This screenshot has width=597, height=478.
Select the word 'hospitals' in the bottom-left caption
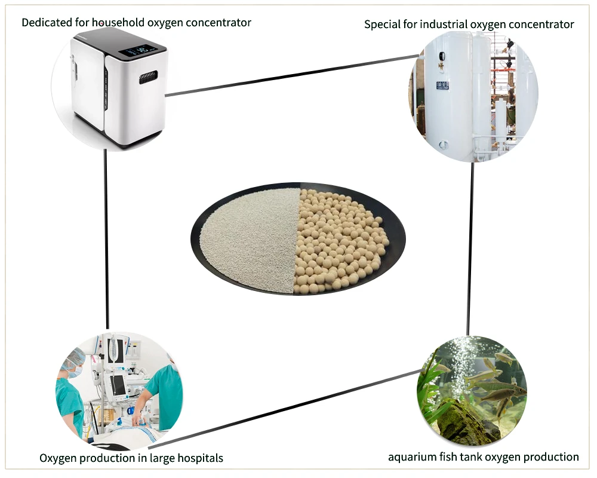200,458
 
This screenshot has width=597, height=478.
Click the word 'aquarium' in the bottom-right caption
411,457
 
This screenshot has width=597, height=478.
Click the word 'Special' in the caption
382,24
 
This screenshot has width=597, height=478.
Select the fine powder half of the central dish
251,239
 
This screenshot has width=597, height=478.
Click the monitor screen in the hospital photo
119,385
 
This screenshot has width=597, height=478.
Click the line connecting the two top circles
293,75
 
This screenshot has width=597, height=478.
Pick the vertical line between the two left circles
106,239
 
